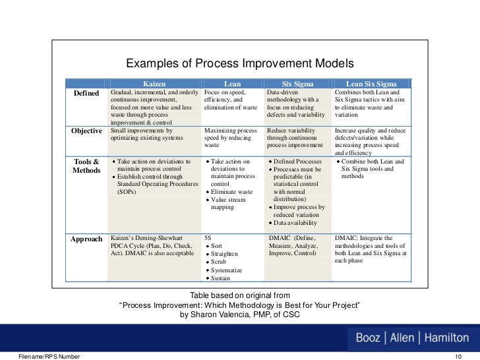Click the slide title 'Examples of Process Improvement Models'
point(240,64)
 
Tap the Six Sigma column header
point(297,84)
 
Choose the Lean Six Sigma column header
point(371,84)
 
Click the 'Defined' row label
point(86,94)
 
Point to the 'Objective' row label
point(86,131)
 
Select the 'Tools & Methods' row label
point(86,166)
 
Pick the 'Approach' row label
point(86,239)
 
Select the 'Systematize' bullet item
point(226,270)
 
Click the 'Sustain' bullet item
point(222,279)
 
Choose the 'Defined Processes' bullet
point(297,162)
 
